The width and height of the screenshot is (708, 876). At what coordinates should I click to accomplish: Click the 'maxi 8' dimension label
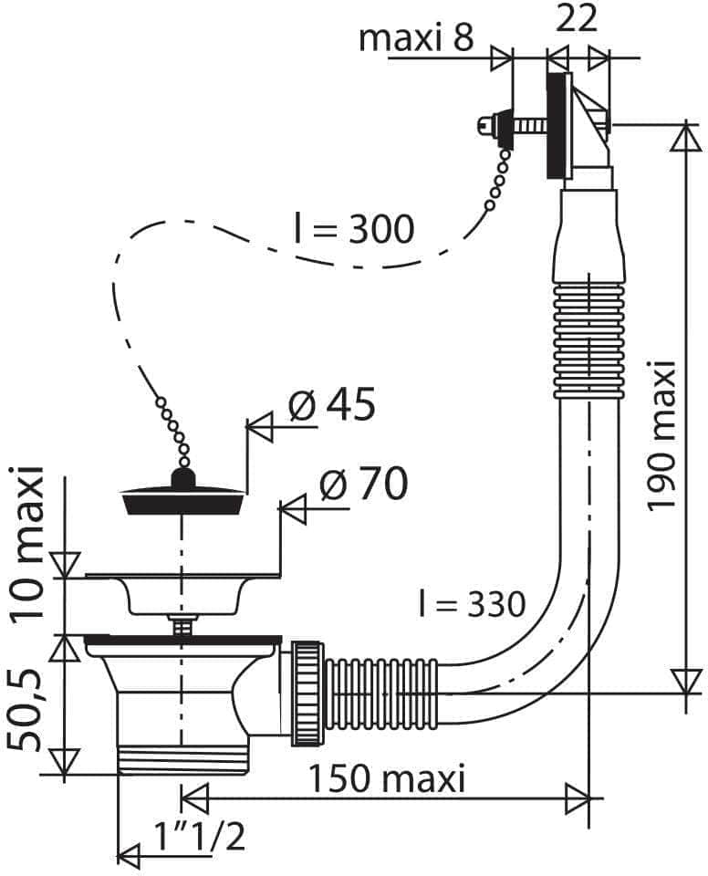[x=416, y=37]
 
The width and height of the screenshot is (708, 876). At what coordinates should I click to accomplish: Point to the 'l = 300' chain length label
[x=354, y=228]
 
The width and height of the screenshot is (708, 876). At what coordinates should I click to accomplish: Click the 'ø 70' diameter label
[x=363, y=484]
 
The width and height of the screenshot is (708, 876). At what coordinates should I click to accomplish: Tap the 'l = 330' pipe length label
[x=473, y=603]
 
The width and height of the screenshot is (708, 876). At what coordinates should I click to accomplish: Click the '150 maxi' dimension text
[x=387, y=778]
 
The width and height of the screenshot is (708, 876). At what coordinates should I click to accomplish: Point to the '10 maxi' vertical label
[x=28, y=541]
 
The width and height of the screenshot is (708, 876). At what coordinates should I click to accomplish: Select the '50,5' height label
[x=26, y=711]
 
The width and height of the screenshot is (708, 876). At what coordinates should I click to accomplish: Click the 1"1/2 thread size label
[x=199, y=837]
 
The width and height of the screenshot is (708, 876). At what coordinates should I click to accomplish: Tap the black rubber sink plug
[x=182, y=493]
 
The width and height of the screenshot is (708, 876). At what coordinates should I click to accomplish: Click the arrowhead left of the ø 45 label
[x=260, y=428]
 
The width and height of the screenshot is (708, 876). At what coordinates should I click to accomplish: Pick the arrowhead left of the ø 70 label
[x=293, y=509]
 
